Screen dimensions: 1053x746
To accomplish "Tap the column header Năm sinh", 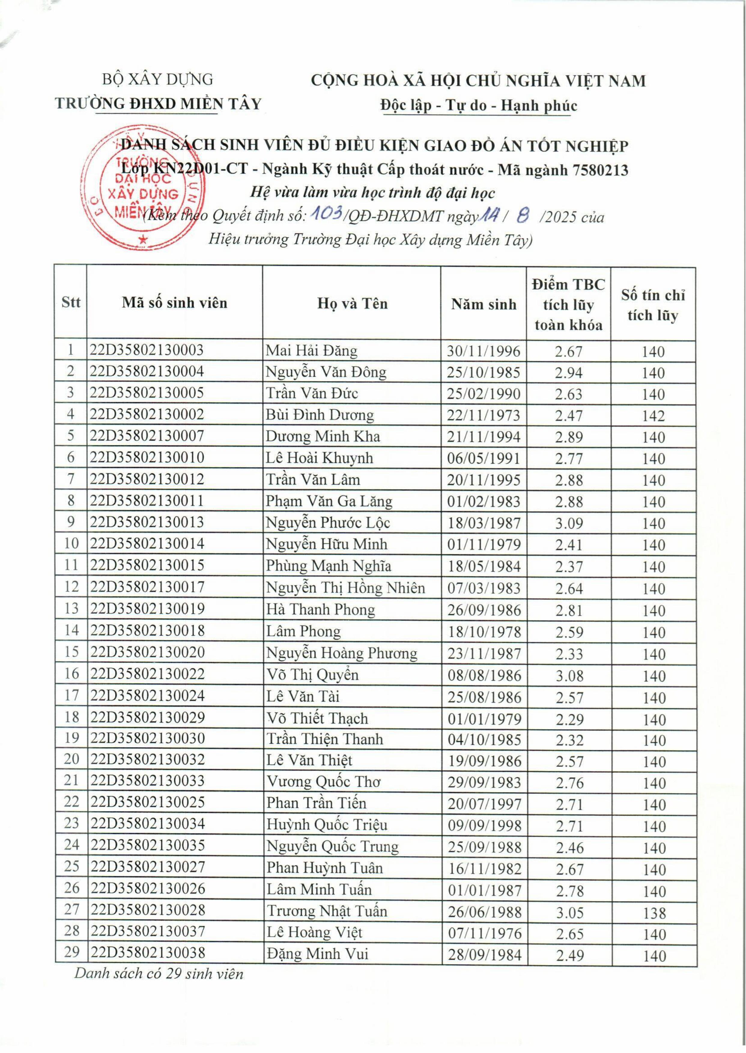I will (483, 304).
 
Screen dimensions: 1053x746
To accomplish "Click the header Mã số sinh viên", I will (174, 303).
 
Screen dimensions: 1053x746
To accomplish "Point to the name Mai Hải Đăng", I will (311, 351).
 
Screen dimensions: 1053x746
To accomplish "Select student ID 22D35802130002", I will (147, 414).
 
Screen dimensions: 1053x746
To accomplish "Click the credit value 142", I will (653, 416).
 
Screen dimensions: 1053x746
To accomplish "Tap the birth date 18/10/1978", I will (484, 632).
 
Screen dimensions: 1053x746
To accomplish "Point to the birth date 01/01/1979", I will (484, 719).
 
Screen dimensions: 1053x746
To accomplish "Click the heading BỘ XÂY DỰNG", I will (158, 80).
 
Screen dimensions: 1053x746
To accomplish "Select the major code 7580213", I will (600, 170).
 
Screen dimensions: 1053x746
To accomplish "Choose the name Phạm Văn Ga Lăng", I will (329, 501).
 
